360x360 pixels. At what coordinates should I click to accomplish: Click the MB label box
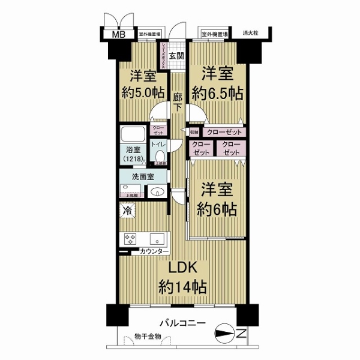point(116,34)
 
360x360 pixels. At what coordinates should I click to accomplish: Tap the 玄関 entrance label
point(175,56)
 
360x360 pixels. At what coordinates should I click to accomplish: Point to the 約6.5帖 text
point(217,94)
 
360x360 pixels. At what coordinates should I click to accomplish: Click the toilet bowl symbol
point(159,154)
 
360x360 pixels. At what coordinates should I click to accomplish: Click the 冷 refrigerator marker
point(128,211)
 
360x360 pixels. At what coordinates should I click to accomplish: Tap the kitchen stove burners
point(130,238)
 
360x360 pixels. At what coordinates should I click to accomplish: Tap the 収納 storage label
point(194,131)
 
